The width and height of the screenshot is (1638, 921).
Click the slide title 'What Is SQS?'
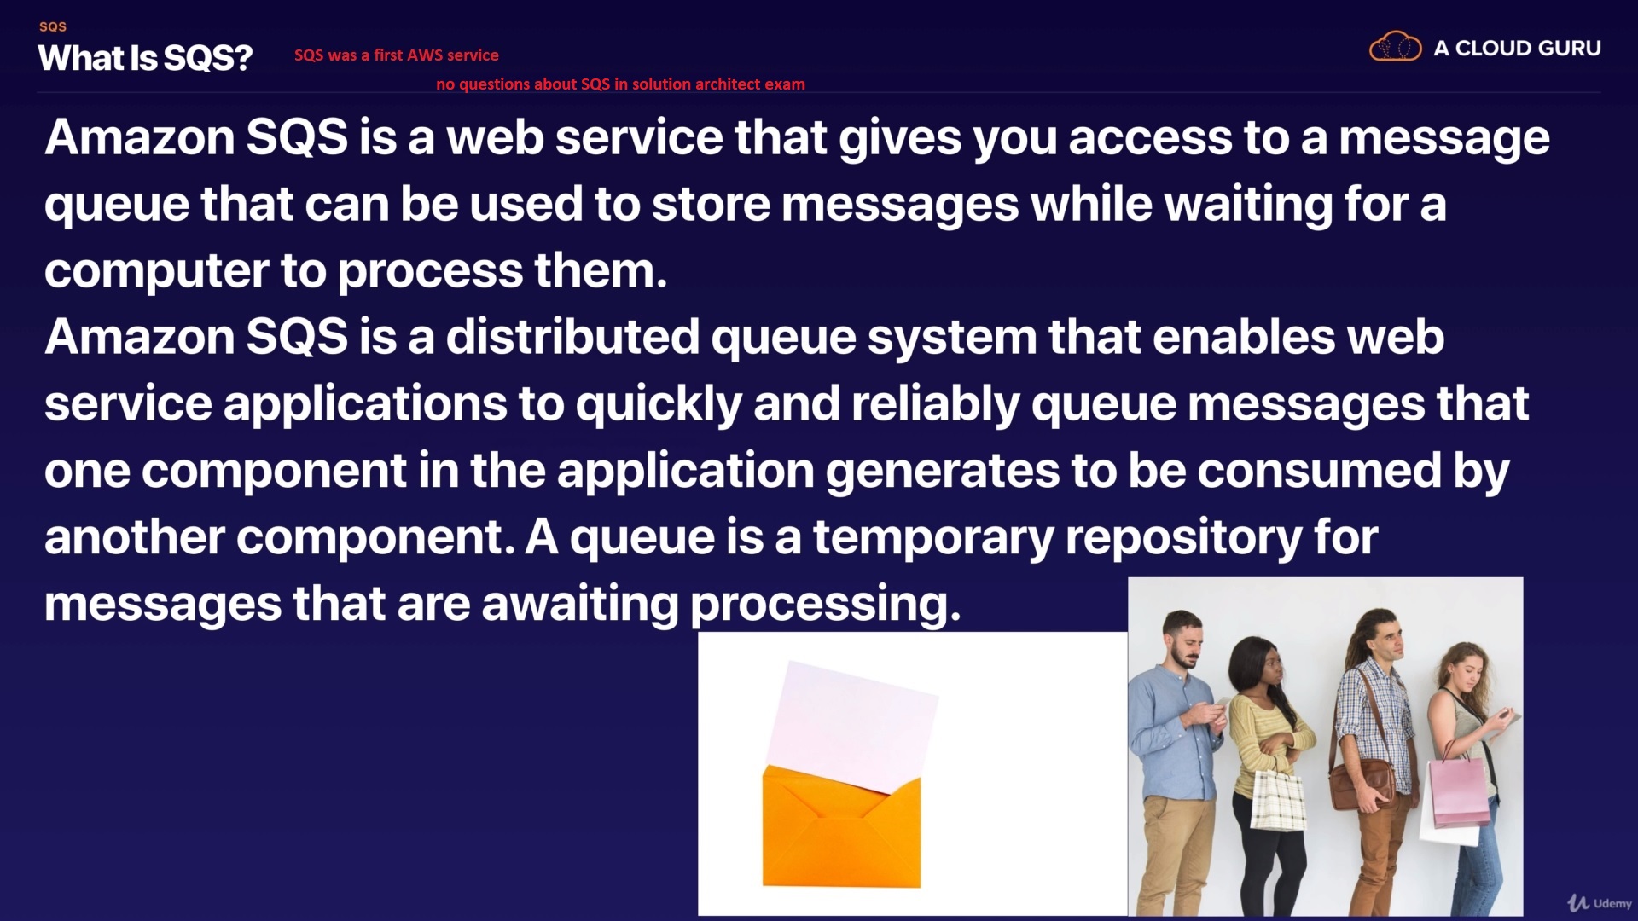coord(145,58)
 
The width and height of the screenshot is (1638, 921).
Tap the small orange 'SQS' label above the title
coord(53,26)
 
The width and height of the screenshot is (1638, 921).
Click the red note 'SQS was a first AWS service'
coord(397,55)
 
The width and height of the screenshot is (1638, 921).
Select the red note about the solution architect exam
coord(620,84)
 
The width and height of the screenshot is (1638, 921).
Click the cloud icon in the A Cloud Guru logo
coord(1395,47)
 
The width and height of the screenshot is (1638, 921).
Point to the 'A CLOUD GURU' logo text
coord(1517,49)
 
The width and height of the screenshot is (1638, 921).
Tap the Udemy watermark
coord(1600,902)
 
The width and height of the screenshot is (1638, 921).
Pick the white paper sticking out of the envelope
coord(851,725)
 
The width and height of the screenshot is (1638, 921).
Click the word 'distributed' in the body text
coord(572,336)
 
